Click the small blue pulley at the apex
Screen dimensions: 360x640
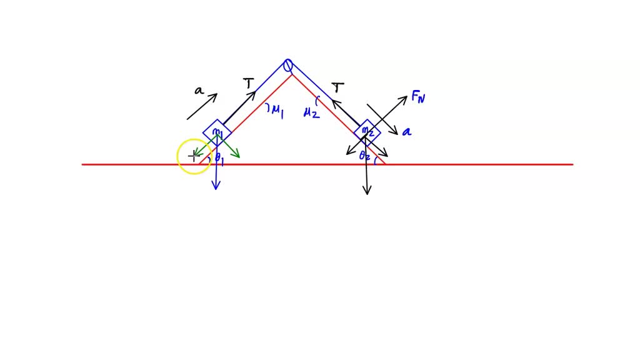click(x=288, y=65)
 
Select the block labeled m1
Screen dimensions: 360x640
click(x=217, y=132)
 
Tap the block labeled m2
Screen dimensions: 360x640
click(x=367, y=132)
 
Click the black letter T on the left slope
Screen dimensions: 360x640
click(x=249, y=84)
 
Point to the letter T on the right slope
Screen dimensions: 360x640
click(x=338, y=87)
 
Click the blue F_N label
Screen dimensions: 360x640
click(x=419, y=97)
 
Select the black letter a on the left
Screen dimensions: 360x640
click(x=199, y=91)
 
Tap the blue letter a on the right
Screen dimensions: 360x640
click(x=407, y=132)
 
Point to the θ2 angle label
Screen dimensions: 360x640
click(x=365, y=157)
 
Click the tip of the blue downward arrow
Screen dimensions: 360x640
click(x=216, y=188)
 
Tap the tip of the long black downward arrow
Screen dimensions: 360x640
click(x=367, y=194)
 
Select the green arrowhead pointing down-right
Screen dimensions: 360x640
click(x=238, y=156)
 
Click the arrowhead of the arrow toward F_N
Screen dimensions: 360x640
click(x=406, y=97)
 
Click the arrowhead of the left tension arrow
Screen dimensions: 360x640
click(x=254, y=93)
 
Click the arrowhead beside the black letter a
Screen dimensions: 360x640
click(x=216, y=96)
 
